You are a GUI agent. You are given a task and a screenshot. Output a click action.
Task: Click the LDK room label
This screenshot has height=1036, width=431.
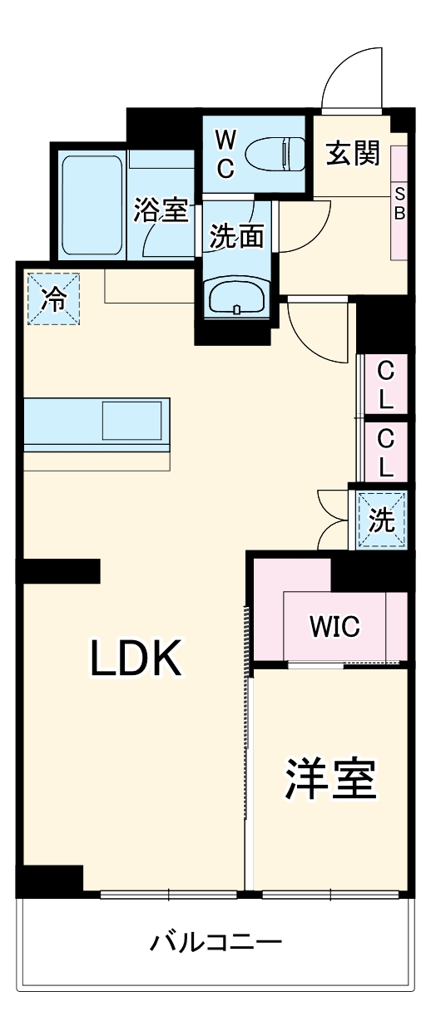point(136,659)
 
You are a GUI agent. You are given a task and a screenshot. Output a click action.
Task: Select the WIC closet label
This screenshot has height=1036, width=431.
point(335,626)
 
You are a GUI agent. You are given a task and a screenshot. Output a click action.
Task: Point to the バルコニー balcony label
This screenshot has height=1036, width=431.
point(216,943)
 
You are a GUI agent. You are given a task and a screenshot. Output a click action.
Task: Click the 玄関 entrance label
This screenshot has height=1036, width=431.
point(352,153)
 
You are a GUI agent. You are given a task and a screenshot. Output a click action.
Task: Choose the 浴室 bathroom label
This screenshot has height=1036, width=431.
point(161,210)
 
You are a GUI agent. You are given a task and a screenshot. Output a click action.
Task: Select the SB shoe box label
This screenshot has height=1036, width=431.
point(399,203)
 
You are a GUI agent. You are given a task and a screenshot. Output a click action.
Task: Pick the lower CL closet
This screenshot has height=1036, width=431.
point(385,451)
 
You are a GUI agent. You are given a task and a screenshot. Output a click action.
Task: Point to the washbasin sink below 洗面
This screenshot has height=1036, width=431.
point(237,298)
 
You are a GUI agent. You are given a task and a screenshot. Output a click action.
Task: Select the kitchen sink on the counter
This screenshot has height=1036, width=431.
point(135,420)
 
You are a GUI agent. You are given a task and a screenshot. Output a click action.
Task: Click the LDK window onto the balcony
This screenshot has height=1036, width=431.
point(168,895)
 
